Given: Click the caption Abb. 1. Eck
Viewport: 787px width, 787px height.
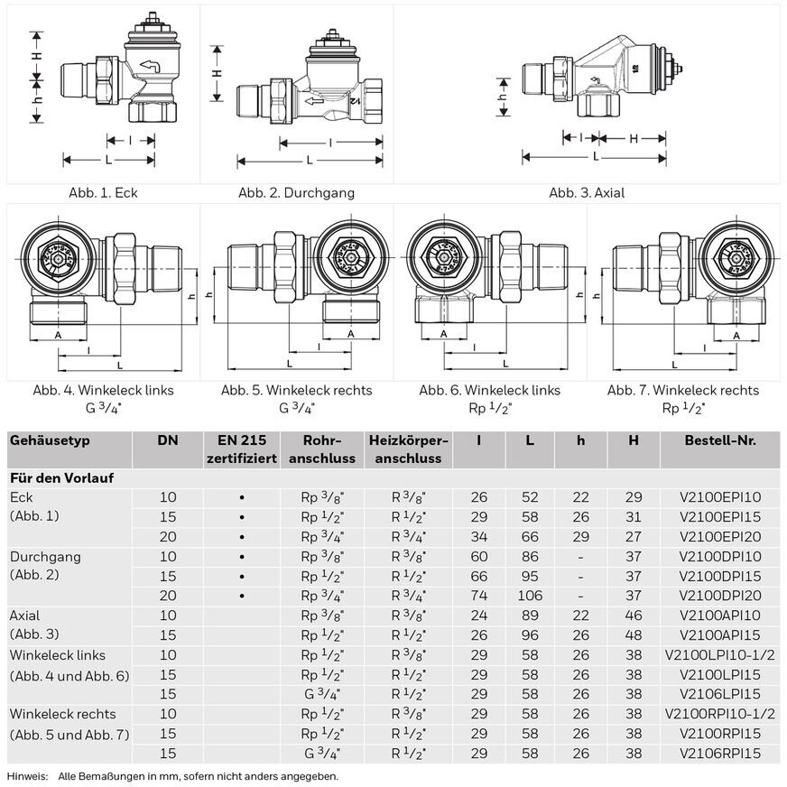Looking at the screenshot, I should pos(104,192).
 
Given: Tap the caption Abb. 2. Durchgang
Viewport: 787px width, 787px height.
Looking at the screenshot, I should pos(296,192).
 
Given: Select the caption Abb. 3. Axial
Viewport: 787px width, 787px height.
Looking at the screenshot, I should pos(587,192).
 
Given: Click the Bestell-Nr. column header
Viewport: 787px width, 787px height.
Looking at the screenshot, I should pos(720,440).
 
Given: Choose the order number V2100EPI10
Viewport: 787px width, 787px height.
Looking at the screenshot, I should pos(720,497).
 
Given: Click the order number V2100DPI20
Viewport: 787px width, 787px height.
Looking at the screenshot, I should pos(720,596).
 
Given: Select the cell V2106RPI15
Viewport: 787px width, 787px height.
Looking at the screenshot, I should pos(720,754).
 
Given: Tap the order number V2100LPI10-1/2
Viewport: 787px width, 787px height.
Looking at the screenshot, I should pos(720,655).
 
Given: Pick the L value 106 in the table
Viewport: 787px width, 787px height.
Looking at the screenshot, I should pos(531,596).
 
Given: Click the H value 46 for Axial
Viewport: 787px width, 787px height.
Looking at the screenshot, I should pos(634,616).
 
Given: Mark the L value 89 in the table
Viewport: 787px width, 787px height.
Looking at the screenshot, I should pos(531,616).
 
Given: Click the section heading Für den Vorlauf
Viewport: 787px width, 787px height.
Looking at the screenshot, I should pos(60,477).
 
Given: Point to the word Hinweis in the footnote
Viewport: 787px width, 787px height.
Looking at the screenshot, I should pos(26,776).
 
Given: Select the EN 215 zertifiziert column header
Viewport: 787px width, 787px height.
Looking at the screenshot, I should pos(242,449).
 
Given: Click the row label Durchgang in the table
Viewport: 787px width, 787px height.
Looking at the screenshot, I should pos(45,556).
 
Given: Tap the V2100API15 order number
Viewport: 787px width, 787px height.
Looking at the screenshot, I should pos(720,635).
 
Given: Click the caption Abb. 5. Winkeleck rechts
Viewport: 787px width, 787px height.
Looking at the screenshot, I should pos(296,390).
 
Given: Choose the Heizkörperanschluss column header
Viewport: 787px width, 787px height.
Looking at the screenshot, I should pos(409,449).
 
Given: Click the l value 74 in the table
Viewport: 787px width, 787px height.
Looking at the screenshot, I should pos(478,596).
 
